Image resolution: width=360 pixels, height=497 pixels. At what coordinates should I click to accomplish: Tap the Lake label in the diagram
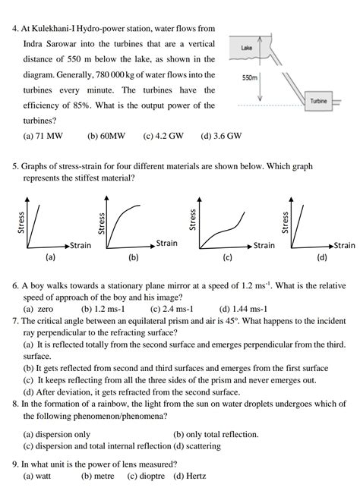pos(246,48)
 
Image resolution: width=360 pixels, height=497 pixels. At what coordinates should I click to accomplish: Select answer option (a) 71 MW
pos(43,137)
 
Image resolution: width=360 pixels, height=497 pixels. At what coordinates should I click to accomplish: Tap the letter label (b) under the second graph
pos(134,256)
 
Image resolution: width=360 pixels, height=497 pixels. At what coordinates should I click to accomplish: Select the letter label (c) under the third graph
pos(227,256)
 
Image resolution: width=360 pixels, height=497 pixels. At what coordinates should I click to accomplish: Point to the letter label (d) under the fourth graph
pos(322,256)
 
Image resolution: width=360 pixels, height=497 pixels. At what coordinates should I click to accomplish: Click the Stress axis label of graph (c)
pos(192,220)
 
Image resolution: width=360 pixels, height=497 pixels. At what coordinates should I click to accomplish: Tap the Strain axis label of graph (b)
pos(166,243)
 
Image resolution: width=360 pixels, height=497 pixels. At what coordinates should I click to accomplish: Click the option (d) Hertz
pos(190,476)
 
